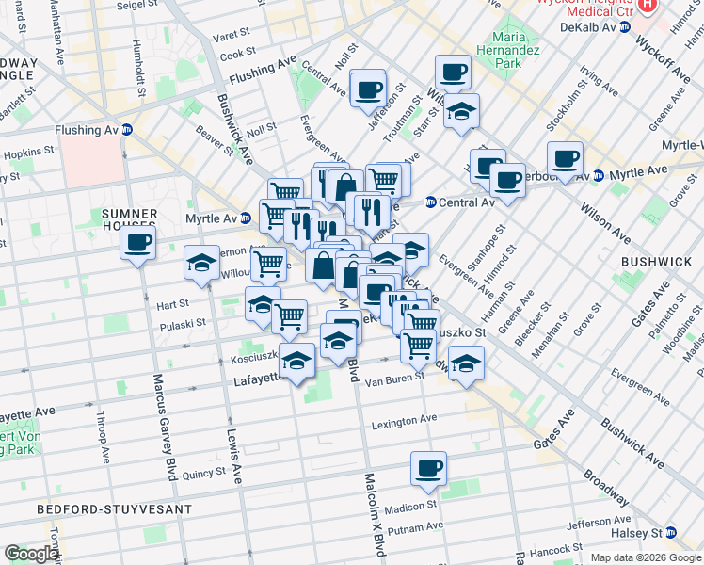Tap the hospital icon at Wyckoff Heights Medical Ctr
click(647, 5)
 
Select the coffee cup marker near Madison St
click(428, 468)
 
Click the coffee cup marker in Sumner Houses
click(137, 243)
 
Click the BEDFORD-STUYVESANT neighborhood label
click(114, 509)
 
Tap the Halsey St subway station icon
click(670, 533)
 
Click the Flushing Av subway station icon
click(126, 130)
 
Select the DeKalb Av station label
click(589, 27)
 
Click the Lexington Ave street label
click(405, 420)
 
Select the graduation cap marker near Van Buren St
click(465, 363)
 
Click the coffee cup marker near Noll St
click(367, 90)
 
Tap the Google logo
click(32, 554)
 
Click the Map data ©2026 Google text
click(645, 557)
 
